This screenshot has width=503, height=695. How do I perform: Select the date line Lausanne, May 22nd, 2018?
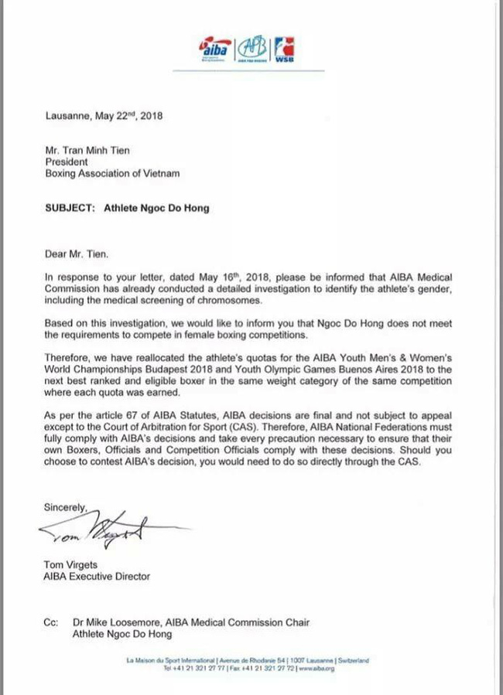104,118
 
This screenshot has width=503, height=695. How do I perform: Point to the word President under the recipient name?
67,162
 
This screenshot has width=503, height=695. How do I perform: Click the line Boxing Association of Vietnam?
113,173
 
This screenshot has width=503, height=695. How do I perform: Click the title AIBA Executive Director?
98,576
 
